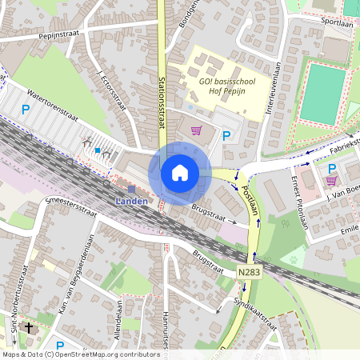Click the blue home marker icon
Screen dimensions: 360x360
pos(180,172)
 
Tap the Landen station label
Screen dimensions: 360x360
pos(130,201)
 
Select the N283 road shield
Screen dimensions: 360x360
pos(249,273)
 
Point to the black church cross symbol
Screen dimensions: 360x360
pos(30,327)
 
